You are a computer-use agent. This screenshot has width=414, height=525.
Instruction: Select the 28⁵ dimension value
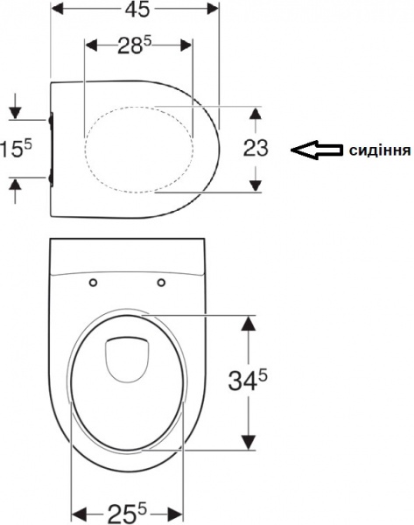tap(135, 47)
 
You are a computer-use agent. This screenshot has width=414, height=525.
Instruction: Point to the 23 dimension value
tap(255, 148)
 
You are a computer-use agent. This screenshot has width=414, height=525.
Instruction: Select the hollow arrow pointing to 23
tap(316, 150)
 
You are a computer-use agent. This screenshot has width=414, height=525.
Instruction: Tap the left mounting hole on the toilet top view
tap(93, 282)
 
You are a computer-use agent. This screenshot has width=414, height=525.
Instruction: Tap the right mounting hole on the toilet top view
tap(162, 282)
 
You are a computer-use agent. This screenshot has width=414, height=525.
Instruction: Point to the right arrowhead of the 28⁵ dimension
tap(185, 46)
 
